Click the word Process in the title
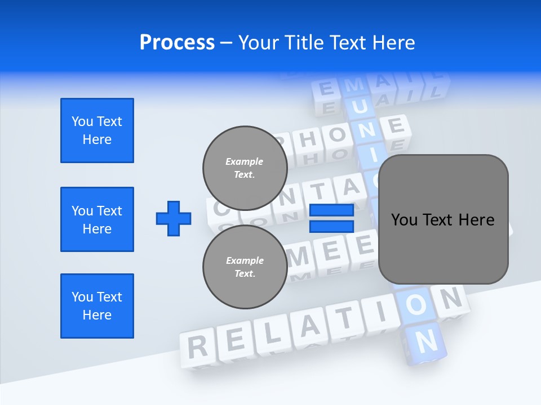click(177, 43)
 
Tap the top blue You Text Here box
click(97, 130)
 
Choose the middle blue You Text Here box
click(97, 219)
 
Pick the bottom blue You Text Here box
click(97, 306)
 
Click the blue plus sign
click(174, 218)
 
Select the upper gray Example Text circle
click(245, 168)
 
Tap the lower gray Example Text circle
click(245, 267)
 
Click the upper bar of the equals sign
click(331, 210)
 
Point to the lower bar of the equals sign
click(331, 226)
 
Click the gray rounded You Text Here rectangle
click(443, 219)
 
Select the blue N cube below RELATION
click(426, 340)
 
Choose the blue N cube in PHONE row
click(367, 130)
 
